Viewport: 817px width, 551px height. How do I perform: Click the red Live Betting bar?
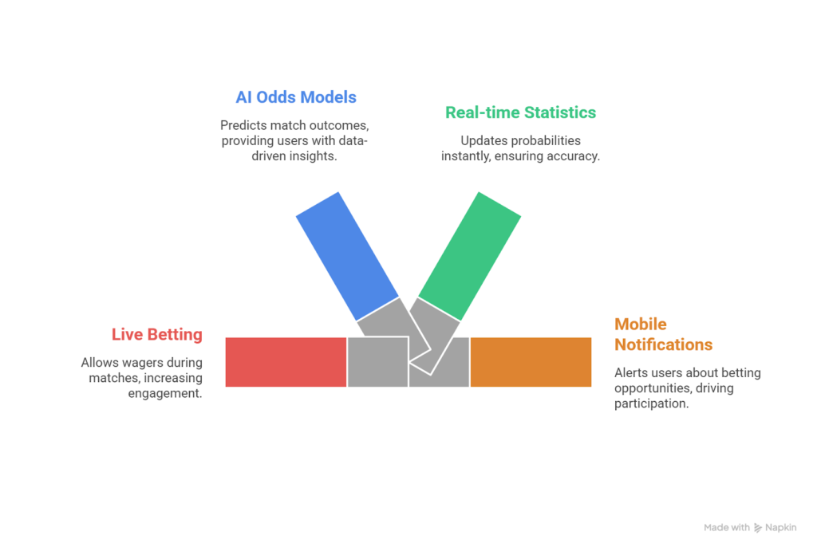[286, 362]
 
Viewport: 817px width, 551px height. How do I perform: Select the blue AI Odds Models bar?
[347, 255]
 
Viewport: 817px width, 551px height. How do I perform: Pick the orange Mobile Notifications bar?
[531, 362]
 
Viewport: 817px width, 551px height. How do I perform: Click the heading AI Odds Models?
[296, 97]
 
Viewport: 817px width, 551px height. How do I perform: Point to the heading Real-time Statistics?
[520, 112]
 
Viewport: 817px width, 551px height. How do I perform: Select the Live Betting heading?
[156, 335]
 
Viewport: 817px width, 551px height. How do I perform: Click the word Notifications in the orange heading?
[663, 344]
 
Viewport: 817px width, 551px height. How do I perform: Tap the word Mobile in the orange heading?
[640, 325]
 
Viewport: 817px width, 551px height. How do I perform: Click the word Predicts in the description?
[244, 125]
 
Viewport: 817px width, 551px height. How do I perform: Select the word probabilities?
[543, 141]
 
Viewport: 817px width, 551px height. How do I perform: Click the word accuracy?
[573, 156]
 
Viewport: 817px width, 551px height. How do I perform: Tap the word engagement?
[164, 393]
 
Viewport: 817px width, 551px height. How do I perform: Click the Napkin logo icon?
[758, 528]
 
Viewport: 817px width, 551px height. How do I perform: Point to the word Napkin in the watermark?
[782, 528]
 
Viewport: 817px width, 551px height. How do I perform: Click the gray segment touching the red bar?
[377, 362]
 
